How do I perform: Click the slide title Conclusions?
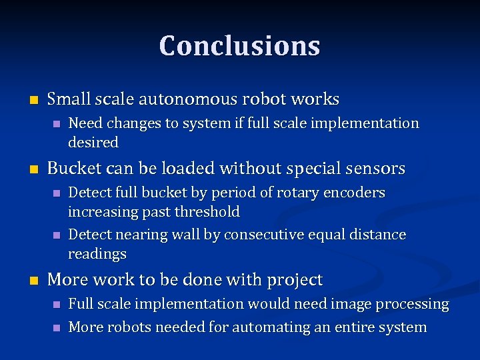240,45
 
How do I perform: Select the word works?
316,99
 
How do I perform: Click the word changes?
132,123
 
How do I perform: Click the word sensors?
375,169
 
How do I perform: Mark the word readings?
97,254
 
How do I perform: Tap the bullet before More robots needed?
56,328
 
